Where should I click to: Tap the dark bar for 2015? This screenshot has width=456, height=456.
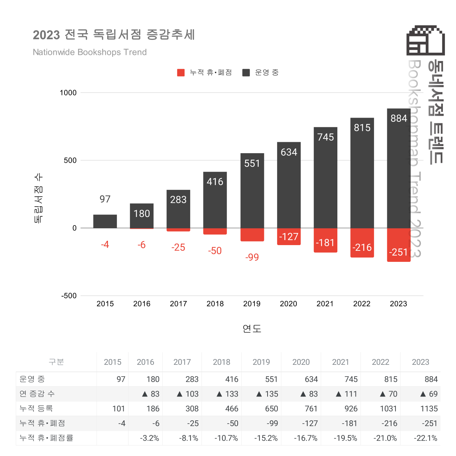click(105, 221)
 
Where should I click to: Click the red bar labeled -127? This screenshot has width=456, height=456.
click(289, 237)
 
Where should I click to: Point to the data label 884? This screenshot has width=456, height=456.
click(399, 118)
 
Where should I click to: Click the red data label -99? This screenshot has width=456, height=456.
click(252, 257)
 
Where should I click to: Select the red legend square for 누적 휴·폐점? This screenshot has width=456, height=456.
click(181, 73)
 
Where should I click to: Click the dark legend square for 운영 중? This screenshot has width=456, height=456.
click(246, 73)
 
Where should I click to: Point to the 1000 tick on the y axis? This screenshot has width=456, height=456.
click(68, 93)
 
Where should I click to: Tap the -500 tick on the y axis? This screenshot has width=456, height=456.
click(69, 296)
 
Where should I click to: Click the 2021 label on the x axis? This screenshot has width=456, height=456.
click(325, 304)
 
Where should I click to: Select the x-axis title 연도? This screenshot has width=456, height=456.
click(252, 328)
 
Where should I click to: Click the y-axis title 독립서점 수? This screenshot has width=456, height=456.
click(38, 198)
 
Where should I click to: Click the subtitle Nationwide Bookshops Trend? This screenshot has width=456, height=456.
click(90, 52)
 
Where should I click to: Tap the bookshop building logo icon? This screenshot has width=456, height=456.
click(426, 40)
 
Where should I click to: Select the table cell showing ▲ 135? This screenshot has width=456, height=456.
click(268, 394)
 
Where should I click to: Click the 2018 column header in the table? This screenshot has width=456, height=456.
click(222, 362)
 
